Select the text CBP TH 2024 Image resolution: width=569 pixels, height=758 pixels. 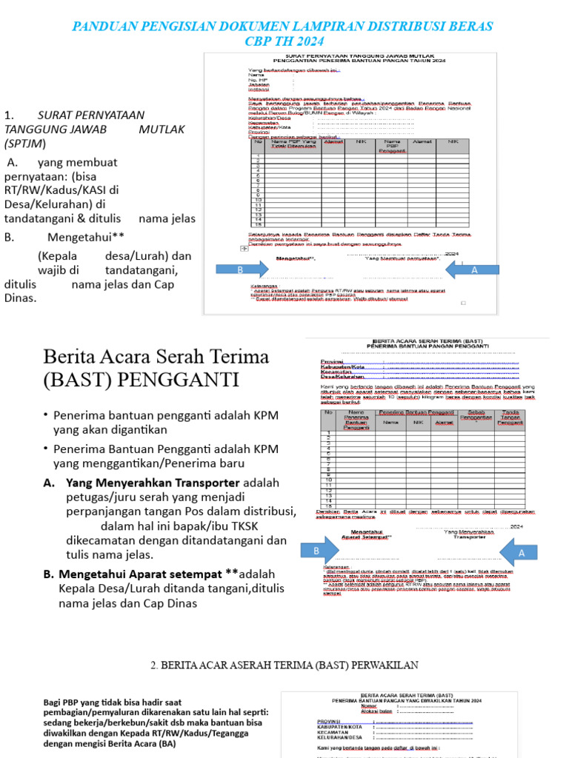point(284,41)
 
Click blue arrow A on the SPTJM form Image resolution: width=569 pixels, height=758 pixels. point(474,271)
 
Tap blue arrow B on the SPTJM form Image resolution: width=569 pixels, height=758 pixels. point(240,271)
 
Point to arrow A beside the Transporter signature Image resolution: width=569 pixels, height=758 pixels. point(521,552)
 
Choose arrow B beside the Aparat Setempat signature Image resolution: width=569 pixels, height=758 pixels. point(316,551)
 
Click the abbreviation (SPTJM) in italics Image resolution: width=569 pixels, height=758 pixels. point(24,143)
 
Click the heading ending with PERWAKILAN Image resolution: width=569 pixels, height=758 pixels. point(284,665)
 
